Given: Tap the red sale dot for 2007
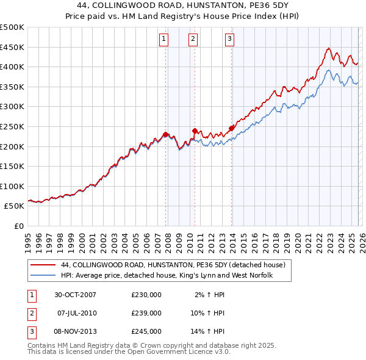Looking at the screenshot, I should click(166, 134).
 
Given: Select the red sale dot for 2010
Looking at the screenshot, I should click(195, 131).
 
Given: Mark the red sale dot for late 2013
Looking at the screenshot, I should click(231, 128).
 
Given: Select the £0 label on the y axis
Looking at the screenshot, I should click(18, 226).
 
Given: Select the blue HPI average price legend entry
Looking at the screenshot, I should click(167, 276).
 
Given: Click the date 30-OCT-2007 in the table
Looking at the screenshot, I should click(76, 294).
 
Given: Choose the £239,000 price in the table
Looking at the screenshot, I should click(146, 313).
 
